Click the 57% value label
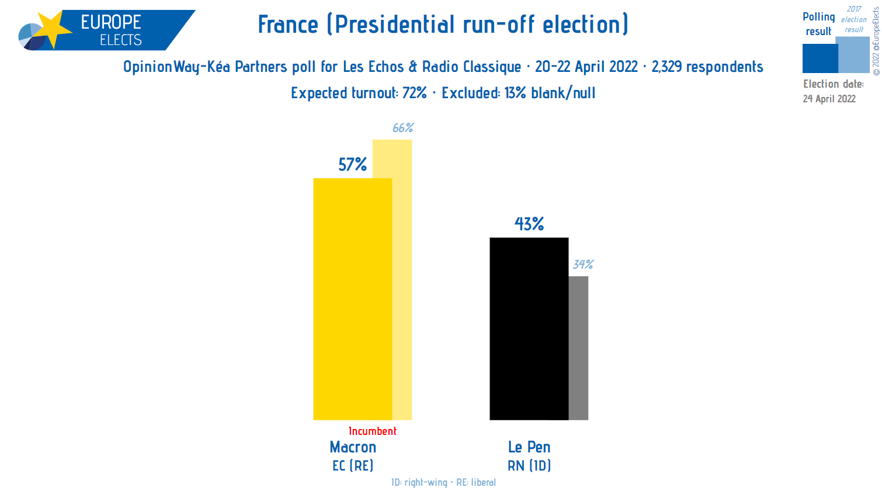point(353,165)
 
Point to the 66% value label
point(403,128)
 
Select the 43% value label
point(529,224)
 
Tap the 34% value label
point(583,265)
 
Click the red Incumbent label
point(372,431)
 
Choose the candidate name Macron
point(353,447)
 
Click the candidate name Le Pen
point(529,447)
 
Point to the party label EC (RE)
point(353,466)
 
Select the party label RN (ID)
point(529,466)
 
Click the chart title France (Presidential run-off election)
point(443,25)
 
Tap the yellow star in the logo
point(53,29)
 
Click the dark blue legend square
point(820,58)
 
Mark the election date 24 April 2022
point(829,99)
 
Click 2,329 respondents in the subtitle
point(707,67)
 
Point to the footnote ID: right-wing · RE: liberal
point(443,482)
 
